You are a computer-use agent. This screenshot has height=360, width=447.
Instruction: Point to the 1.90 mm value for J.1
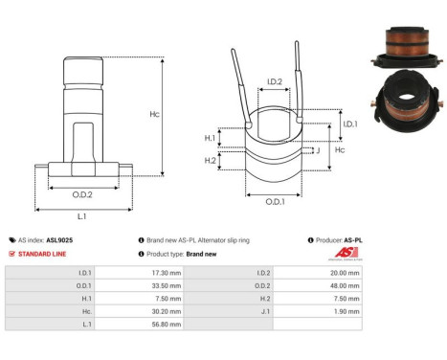point(347,310)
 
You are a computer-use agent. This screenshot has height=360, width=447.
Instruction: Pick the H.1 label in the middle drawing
point(211,138)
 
